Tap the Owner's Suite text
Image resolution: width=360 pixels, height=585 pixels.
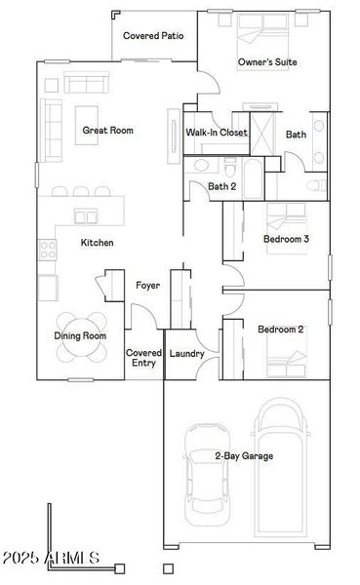pos(267,61)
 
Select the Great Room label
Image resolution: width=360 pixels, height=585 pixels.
pos(107,130)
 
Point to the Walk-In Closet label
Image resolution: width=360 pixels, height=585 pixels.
pos(217,133)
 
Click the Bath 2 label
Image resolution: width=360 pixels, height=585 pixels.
pos(222,186)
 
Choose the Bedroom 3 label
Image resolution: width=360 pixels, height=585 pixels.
pos(287,239)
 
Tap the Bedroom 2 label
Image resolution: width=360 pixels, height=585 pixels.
pos(281,330)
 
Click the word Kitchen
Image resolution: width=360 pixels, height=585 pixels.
pos(97,243)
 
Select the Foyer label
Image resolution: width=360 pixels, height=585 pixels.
pos(148,286)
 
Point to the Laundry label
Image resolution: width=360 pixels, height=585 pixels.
pos(186,353)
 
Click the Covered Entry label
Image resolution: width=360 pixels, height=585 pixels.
pos(143,358)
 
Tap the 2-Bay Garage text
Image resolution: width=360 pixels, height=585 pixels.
pos(243,455)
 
